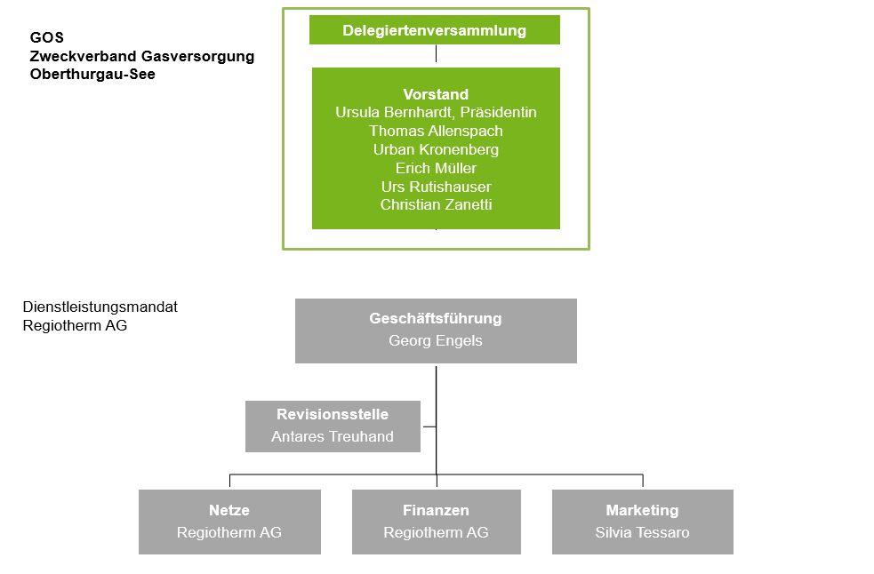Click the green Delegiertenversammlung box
click(434, 30)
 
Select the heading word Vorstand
click(436, 94)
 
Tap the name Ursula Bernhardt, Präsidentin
click(436, 113)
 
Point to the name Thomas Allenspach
click(436, 132)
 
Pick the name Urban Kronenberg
click(436, 150)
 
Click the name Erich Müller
click(436, 168)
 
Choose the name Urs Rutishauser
click(436, 187)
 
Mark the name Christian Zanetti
click(436, 205)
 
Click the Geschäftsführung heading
click(436, 318)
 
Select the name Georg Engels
click(436, 340)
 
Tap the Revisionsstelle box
click(333, 426)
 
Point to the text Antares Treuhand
click(333, 436)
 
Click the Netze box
click(229, 522)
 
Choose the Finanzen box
click(436, 522)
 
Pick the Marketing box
click(642, 522)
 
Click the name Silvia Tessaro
click(642, 533)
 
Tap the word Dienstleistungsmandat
click(100, 307)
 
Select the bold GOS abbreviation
click(47, 38)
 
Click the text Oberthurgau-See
click(92, 76)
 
